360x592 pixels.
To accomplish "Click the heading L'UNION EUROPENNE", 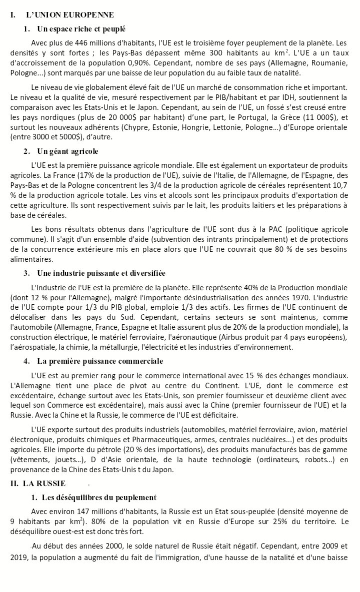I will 69,15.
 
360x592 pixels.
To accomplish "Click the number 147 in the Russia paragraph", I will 83,511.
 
